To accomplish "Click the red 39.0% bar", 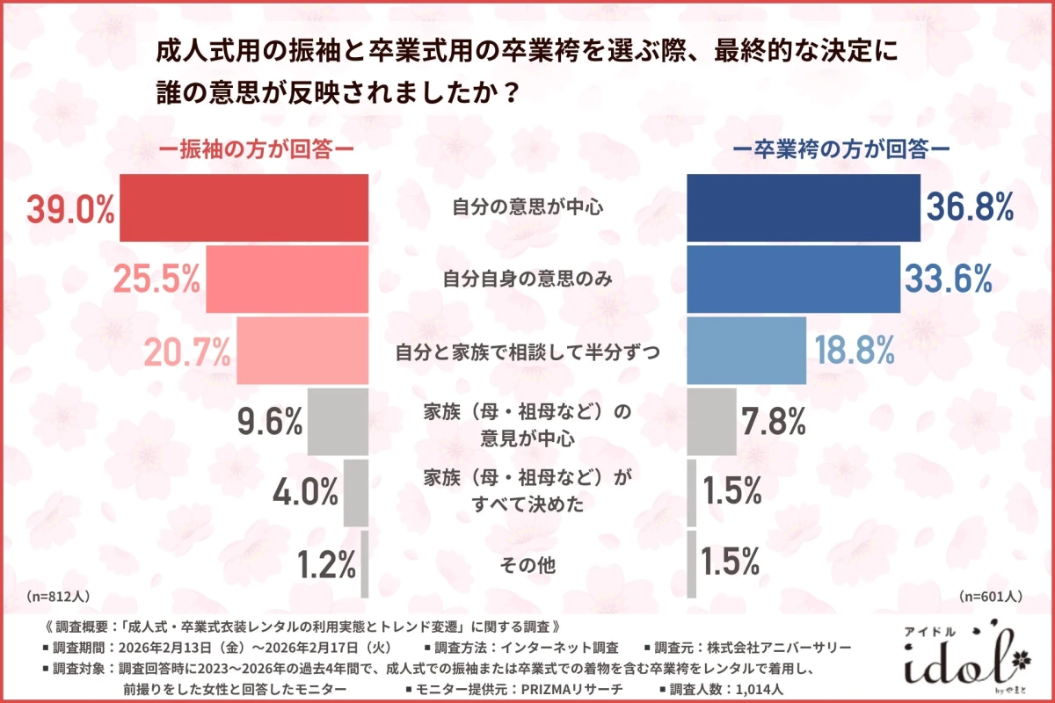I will pyautogui.click(x=244, y=208).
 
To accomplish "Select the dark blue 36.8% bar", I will pyautogui.click(x=803, y=208).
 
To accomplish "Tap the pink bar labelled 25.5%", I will pyautogui.click(x=287, y=279).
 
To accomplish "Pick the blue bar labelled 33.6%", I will pyautogui.click(x=793, y=279).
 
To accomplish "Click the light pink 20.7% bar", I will pyautogui.click(x=302, y=351).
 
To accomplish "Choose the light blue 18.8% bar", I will pyautogui.click(x=746, y=351).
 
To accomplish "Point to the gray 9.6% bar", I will pyautogui.click(x=338, y=423).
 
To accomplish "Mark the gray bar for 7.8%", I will pyautogui.click(x=711, y=423).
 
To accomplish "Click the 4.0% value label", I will pyautogui.click(x=301, y=493).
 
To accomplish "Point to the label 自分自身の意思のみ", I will pyautogui.click(x=528, y=279).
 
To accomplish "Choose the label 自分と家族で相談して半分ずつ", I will pyautogui.click(x=528, y=351).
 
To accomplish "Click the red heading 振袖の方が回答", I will pyautogui.click(x=256, y=150).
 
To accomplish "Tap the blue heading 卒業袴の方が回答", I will pyautogui.click(x=843, y=150).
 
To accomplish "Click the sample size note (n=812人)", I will pyautogui.click(x=59, y=595).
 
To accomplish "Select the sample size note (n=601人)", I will pyautogui.click(x=990, y=595).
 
